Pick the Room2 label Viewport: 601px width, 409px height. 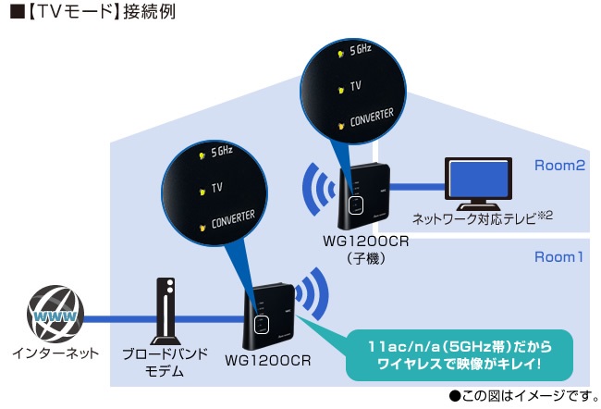[560, 166]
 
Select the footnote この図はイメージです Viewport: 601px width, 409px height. [521, 395]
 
